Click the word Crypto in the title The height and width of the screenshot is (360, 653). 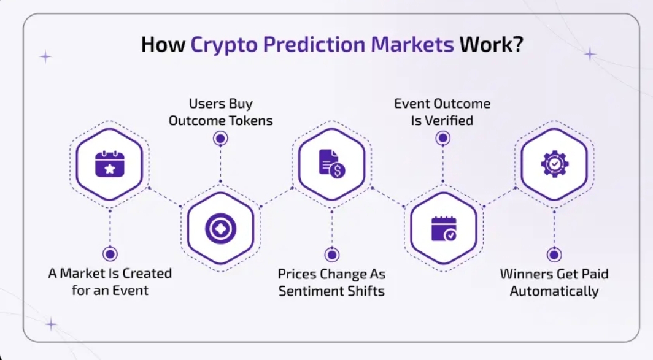click(224, 45)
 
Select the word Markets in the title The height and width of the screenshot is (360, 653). click(412, 44)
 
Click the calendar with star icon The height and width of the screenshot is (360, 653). click(109, 164)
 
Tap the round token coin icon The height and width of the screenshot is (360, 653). click(221, 229)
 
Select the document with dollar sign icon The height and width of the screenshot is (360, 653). click(332, 164)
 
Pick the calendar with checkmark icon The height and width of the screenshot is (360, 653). click(444, 229)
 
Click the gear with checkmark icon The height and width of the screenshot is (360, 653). click(554, 164)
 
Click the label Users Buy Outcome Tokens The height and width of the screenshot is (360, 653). click(221, 112)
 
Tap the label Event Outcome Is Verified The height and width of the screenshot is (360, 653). click(442, 112)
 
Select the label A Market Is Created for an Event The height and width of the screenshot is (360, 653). click(110, 281)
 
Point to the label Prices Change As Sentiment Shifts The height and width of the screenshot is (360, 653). click(332, 283)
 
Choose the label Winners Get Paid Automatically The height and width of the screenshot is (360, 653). click(554, 283)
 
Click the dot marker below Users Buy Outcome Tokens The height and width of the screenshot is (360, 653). click(220, 138)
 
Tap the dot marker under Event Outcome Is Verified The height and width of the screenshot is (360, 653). click(442, 138)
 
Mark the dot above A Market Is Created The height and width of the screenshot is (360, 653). click(110, 254)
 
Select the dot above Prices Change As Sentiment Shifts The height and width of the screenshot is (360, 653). click(332, 255)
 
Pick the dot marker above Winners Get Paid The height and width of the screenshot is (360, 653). click(554, 255)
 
